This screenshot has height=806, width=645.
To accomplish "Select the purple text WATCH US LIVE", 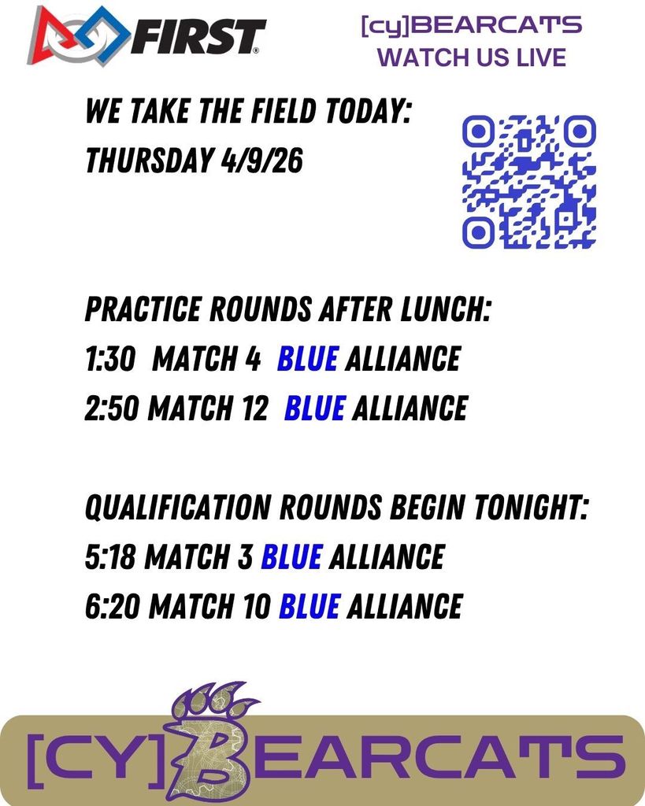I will point(471,57).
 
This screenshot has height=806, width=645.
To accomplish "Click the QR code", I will point(528,181).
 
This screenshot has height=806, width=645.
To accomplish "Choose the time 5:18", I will point(110,557).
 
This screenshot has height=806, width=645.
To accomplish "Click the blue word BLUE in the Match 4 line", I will point(307,359).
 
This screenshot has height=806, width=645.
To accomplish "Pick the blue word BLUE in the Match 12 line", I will point(314,409).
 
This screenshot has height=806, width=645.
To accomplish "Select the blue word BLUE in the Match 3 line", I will point(291,557).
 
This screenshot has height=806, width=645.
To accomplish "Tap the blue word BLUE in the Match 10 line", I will point(310,606).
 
